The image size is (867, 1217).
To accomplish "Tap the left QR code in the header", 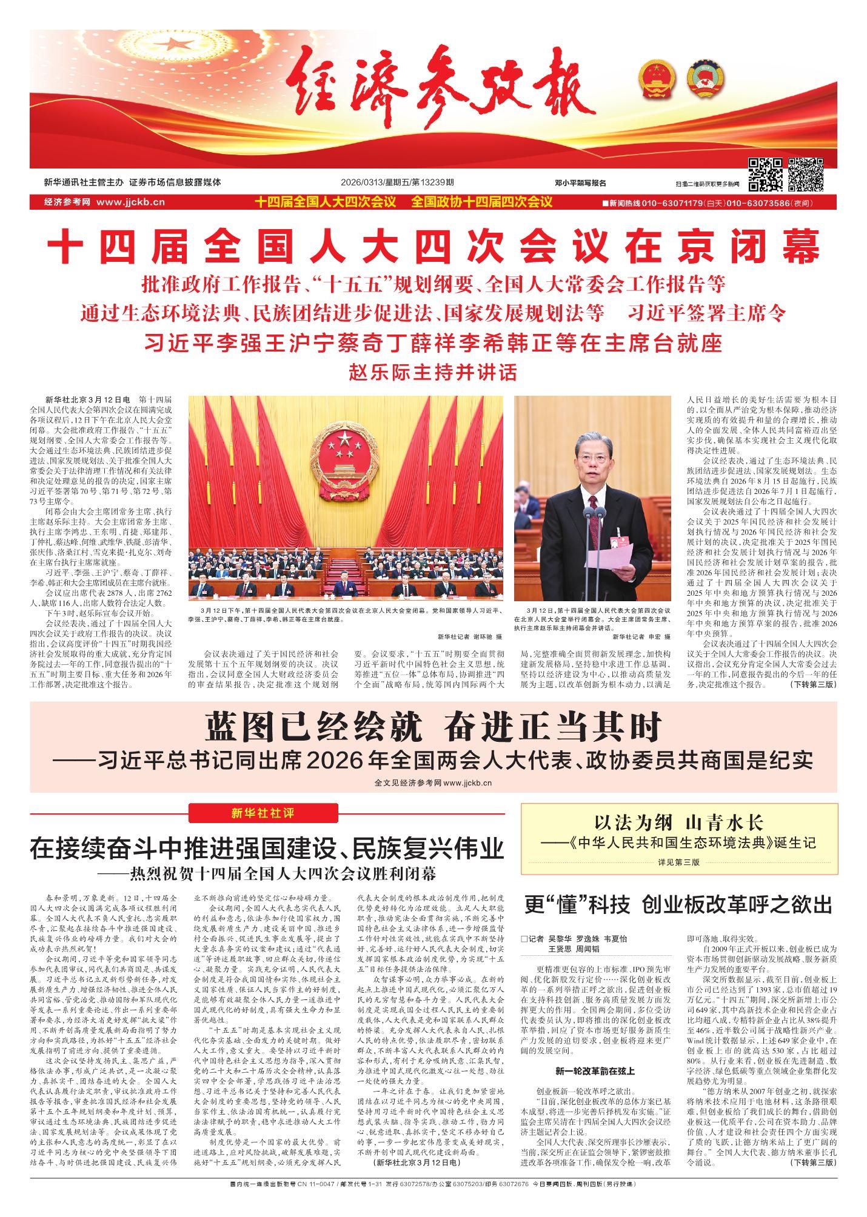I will click(x=765, y=175).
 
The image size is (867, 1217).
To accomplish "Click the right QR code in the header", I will click(x=806, y=175).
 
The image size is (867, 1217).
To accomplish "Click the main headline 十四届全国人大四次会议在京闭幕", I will click(x=433, y=247).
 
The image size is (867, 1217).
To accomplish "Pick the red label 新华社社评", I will click(x=263, y=813).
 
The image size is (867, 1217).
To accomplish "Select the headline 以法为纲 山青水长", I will click(x=678, y=822).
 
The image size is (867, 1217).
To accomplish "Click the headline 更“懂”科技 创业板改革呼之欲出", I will click(x=678, y=905).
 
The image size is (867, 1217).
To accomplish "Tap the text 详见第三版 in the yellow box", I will click(x=678, y=861).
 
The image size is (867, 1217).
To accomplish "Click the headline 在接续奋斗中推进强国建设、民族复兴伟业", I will click(x=267, y=849).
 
